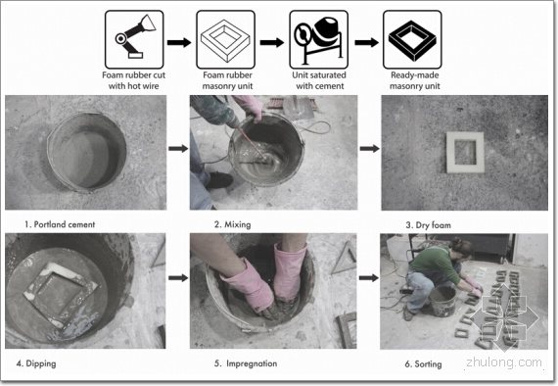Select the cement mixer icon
tap(319, 39)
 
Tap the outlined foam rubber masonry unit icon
tap(225, 39)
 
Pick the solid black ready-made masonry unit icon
tap(412, 39)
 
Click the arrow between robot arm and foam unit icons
tap(179, 42)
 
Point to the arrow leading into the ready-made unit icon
tap(366, 42)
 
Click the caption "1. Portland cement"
tap(60, 224)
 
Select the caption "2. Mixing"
tap(232, 224)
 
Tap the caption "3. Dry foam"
tap(429, 225)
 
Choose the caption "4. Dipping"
tap(36, 363)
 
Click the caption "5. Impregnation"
tap(246, 363)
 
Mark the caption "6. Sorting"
tap(424, 363)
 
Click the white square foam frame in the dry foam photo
tap(450, 153)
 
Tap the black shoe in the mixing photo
tap(219, 180)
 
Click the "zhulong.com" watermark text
tap(504, 362)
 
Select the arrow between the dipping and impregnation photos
tap(178, 277)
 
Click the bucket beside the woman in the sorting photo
tap(442, 300)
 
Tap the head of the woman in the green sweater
tap(461, 248)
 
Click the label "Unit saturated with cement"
tap(319, 80)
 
